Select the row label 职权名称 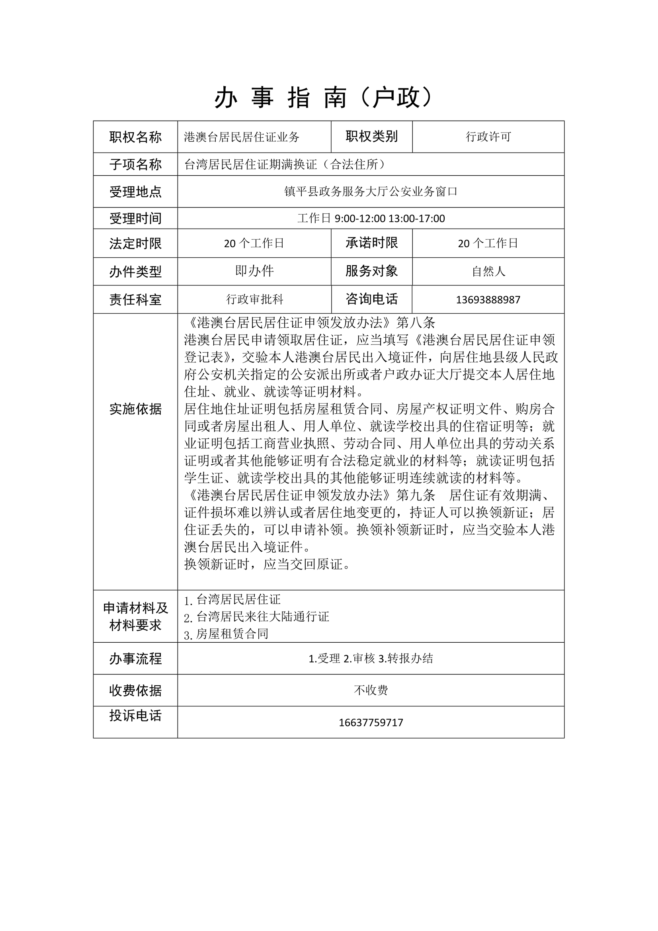[135, 137]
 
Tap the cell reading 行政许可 [488, 137]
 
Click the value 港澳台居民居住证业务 [242, 137]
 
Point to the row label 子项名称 [135, 164]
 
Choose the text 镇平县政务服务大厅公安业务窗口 [371, 192]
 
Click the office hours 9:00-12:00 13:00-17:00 [389, 219]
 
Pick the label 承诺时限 [371, 243]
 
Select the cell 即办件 [254, 271]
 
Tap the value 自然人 [488, 271]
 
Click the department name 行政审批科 [254, 299]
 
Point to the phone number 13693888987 [488, 300]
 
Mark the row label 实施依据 [135, 409]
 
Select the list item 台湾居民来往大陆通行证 [262, 617]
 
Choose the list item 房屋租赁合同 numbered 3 [232, 634]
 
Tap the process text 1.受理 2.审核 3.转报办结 [371, 659]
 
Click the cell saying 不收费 [371, 690]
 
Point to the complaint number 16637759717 [371, 722]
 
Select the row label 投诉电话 [135, 715]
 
